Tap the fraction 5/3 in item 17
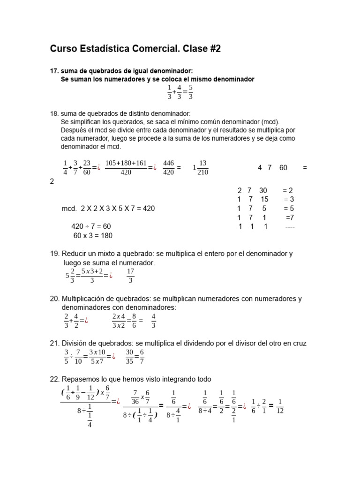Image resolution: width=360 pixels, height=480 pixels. pyautogui.click(x=190, y=91)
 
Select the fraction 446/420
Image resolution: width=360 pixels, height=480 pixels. pyautogui.click(x=168, y=167)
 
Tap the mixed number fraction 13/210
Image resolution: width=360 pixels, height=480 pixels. pyautogui.click(x=202, y=167)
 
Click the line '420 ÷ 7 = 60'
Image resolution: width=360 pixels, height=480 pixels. pyautogui.click(x=91, y=226)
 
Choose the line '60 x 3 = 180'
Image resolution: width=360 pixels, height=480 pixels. pyautogui.click(x=93, y=235)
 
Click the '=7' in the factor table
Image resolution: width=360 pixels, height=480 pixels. pyautogui.click(x=290, y=217)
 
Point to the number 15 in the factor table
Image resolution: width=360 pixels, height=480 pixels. pyautogui.click(x=264, y=199)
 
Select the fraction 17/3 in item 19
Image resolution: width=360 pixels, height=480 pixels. pyautogui.click(x=130, y=276)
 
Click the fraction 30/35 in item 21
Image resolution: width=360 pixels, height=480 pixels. pyautogui.click(x=129, y=357)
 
